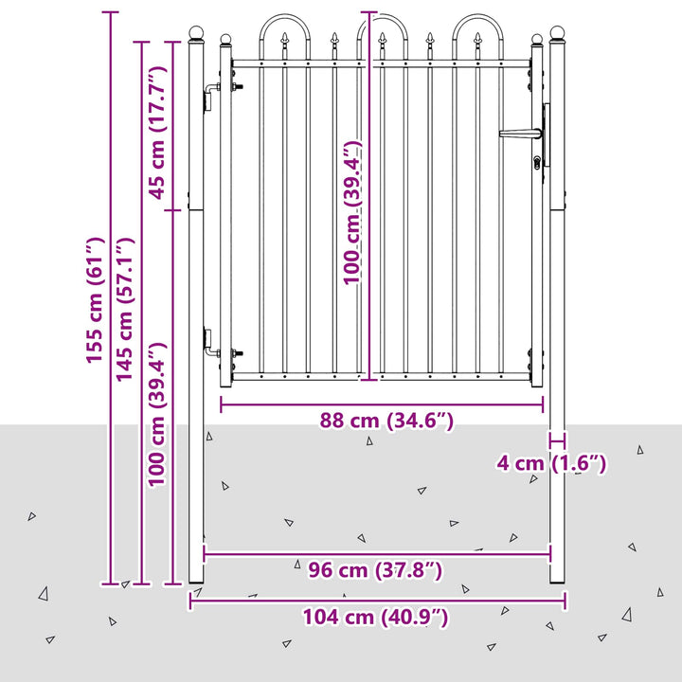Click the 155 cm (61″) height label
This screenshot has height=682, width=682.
click(x=96, y=300)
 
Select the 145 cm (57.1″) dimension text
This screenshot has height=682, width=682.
click(x=125, y=310)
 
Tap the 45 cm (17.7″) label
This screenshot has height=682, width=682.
click(x=158, y=133)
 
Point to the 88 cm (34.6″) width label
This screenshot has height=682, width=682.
click(x=386, y=421)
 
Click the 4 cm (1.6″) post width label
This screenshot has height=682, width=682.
click(x=551, y=463)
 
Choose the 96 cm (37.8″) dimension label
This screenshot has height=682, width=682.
click(x=375, y=570)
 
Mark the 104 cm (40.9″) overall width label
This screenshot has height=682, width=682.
click(x=375, y=617)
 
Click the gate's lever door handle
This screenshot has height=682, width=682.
click(x=520, y=134)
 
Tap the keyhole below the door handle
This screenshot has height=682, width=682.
click(x=538, y=163)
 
